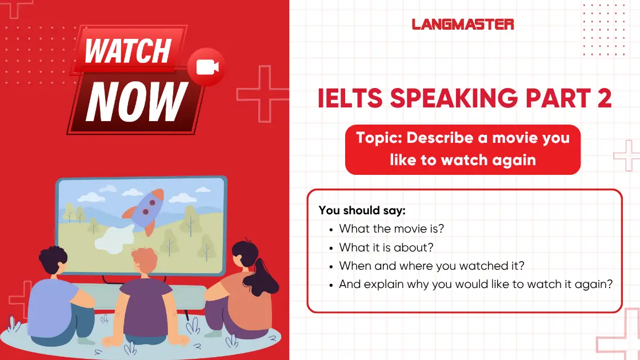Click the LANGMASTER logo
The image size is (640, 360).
click(x=462, y=25)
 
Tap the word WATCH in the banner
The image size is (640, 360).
click(x=128, y=51)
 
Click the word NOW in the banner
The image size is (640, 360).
click(x=137, y=102)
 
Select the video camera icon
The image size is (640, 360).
click(x=207, y=67)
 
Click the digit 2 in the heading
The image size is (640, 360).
click(x=605, y=98)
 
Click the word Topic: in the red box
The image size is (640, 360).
click(x=379, y=138)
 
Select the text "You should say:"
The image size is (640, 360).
click(x=362, y=210)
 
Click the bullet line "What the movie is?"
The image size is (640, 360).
click(x=391, y=229)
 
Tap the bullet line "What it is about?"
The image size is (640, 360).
click(x=386, y=247)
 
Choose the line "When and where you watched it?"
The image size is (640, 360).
click(x=432, y=266)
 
